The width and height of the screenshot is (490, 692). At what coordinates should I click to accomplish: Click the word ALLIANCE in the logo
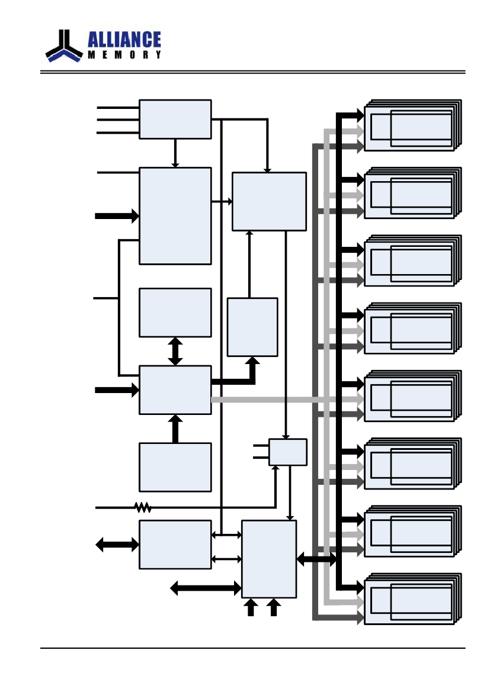tap(124, 39)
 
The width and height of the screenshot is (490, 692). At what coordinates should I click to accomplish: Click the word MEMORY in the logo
tap(124, 54)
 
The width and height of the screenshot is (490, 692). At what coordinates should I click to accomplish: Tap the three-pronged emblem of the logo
tap(64, 46)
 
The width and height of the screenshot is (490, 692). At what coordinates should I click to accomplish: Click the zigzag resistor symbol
tap(143, 507)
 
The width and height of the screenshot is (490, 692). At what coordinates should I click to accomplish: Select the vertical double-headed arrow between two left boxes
tap(175, 351)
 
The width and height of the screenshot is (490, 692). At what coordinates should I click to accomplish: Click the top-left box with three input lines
tap(175, 119)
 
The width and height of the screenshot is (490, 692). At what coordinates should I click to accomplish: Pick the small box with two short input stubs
tap(287, 452)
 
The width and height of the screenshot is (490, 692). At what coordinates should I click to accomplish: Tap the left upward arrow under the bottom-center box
tap(251, 607)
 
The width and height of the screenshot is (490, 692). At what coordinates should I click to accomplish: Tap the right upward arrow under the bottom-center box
tap(274, 607)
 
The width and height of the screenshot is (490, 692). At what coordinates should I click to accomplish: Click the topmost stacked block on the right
tap(412, 125)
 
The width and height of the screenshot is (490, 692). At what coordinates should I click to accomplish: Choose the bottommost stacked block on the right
tap(412, 599)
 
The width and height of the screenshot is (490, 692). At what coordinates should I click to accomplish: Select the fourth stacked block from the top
tap(412, 329)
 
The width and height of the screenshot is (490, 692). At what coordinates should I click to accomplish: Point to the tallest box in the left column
tap(175, 216)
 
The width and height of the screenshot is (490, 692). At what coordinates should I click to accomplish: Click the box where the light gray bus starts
tap(175, 390)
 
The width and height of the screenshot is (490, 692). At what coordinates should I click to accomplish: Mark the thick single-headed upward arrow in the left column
tap(175, 429)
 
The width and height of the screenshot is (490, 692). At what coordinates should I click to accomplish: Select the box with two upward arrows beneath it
tap(269, 559)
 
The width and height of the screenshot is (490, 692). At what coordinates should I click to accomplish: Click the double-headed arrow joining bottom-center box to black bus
tap(316, 559)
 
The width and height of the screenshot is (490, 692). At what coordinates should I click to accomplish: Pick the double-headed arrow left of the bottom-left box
tap(117, 545)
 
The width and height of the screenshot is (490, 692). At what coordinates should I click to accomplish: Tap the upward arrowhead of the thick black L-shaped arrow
tap(252, 361)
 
